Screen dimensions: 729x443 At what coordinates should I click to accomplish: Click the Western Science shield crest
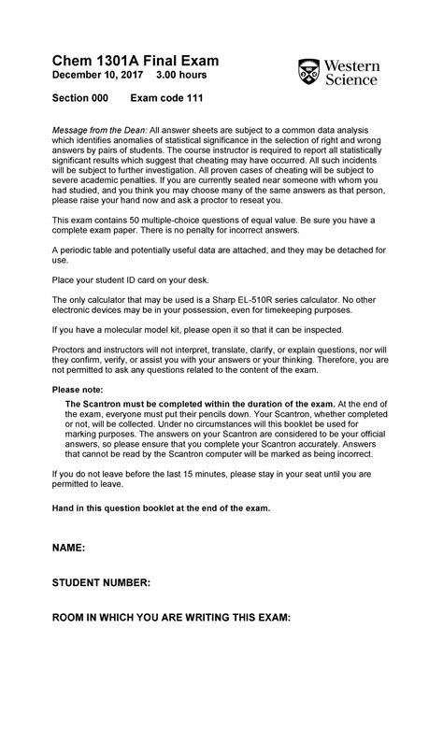(308, 72)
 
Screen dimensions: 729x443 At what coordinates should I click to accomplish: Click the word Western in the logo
(353, 65)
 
